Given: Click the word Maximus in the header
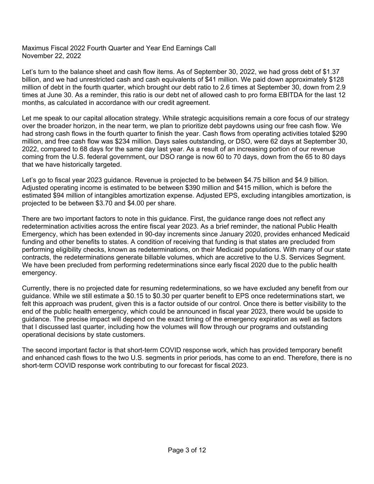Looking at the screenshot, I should pos(34,48).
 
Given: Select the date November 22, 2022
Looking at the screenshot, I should pos(51,56).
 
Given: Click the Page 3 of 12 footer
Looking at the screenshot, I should pos(187,450).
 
